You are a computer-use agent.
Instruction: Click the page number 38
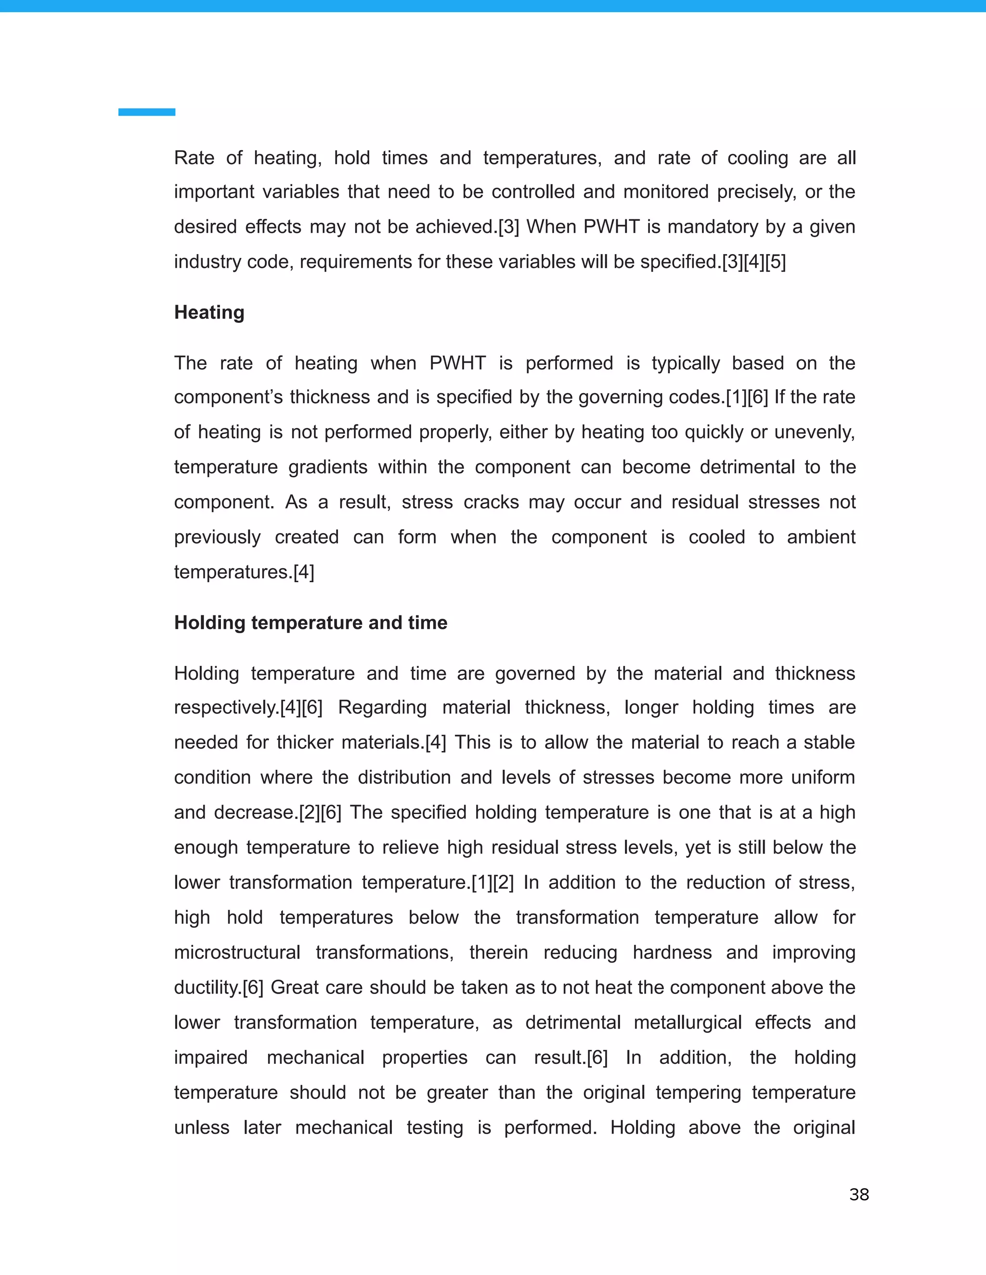859,1195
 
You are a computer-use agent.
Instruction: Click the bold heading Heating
209,312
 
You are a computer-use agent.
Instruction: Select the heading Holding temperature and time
311,623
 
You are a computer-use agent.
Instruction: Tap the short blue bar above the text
147,112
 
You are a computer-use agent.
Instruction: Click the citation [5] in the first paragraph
776,262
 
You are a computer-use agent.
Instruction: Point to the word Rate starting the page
194,158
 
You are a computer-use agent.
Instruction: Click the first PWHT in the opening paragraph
611,227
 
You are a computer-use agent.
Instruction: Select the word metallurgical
687,1023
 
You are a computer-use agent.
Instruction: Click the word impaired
210,1058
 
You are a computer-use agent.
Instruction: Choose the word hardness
672,953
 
